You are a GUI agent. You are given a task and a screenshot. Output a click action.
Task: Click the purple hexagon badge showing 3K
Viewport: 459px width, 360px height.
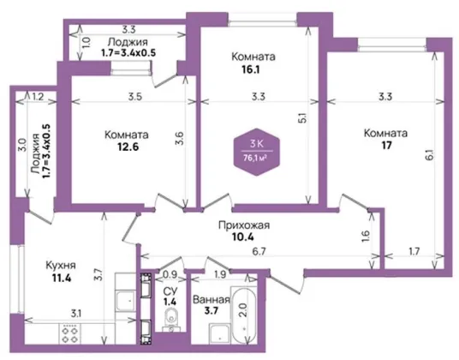[x=256, y=152]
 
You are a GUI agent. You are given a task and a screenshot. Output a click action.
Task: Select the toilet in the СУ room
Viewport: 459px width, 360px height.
[x=170, y=320]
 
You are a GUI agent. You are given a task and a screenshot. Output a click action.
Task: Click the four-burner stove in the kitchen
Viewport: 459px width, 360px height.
[x=69, y=333]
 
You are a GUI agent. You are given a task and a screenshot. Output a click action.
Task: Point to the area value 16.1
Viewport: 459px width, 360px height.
[x=251, y=69]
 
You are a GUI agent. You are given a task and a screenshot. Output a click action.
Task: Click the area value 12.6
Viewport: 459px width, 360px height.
[x=128, y=147]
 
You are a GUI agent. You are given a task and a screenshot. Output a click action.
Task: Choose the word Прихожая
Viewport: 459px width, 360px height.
[x=244, y=225]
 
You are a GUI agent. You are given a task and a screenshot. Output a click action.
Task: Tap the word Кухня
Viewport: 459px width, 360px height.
[x=61, y=266]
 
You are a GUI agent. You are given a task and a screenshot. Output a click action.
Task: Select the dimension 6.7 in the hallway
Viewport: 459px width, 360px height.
[x=259, y=251]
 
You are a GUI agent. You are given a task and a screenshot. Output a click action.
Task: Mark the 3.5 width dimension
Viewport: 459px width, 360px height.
[x=135, y=97]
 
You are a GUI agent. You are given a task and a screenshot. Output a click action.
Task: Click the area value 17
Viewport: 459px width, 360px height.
[x=386, y=146]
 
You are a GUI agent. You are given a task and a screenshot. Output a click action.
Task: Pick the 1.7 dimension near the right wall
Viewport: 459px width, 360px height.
[x=414, y=251]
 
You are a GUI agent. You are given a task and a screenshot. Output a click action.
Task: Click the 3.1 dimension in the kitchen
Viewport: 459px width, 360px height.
[x=76, y=314]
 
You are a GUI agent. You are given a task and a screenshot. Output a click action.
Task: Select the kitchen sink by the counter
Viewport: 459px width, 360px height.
[x=126, y=300]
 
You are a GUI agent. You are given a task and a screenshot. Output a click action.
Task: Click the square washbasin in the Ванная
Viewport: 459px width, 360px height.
[x=220, y=333]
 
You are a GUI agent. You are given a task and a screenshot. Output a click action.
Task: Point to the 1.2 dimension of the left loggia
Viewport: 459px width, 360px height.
[x=38, y=96]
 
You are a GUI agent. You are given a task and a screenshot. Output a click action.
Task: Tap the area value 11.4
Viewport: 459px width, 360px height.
[x=62, y=278]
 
